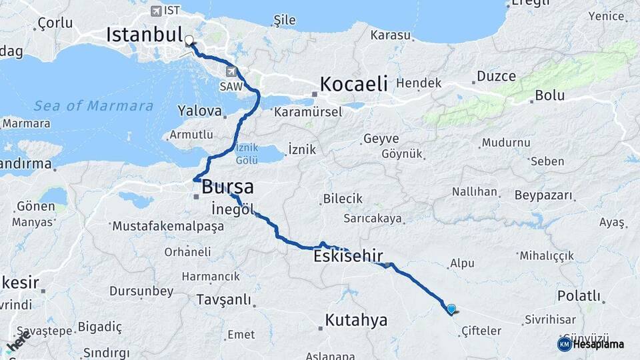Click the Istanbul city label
(x=144, y=35)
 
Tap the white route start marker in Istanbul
(x=189, y=40)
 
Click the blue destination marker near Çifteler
(x=451, y=309)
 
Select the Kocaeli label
(x=353, y=84)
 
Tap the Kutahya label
(x=356, y=320)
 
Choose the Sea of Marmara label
(x=93, y=106)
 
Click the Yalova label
(x=199, y=110)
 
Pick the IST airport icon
(x=156, y=11)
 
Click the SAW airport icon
(x=231, y=71)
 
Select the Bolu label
(x=549, y=95)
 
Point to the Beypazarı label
(x=543, y=195)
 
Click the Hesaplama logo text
(x=598, y=345)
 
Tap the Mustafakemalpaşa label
(x=169, y=226)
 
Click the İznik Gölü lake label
(x=247, y=155)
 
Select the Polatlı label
(x=579, y=296)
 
